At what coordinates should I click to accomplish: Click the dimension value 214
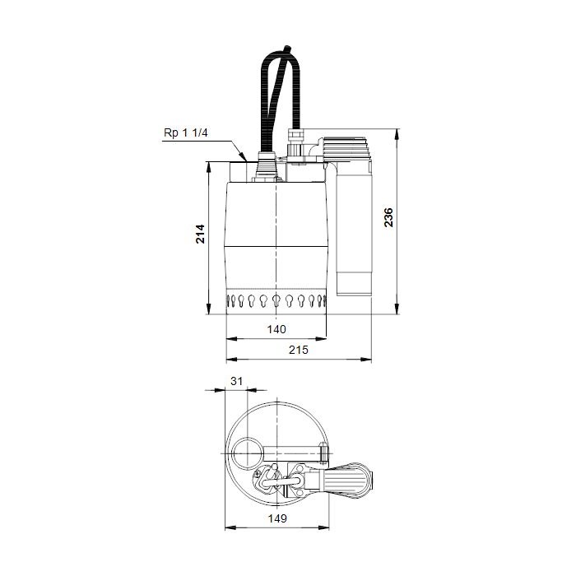pos(200,234)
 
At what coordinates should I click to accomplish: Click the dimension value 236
pos(388,217)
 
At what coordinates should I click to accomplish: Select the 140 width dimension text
pos(276,329)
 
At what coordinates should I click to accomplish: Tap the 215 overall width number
pos(298,350)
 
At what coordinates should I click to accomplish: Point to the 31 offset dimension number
pos(237,381)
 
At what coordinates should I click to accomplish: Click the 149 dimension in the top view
pos(277,518)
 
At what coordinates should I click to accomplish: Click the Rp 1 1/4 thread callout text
pos(185,132)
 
